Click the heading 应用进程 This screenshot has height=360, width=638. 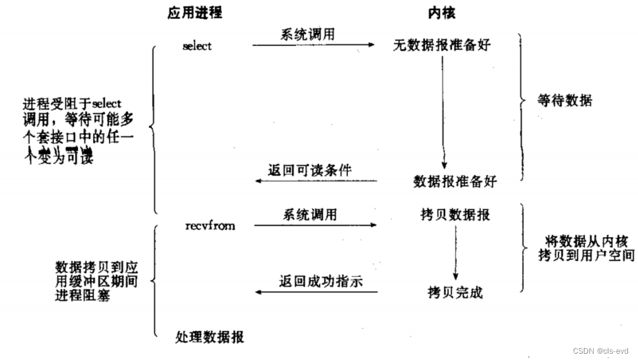click(x=195, y=13)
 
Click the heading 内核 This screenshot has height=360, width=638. click(x=441, y=13)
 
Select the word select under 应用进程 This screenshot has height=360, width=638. click(x=197, y=47)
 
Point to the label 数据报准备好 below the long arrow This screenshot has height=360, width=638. click(x=455, y=182)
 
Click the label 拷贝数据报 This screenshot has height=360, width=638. click(x=455, y=216)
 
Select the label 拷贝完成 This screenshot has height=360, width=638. click(x=455, y=293)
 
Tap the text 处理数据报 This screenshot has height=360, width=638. click(x=210, y=337)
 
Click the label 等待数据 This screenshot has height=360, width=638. click(x=564, y=101)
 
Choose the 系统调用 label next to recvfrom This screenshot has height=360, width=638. click(x=310, y=214)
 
